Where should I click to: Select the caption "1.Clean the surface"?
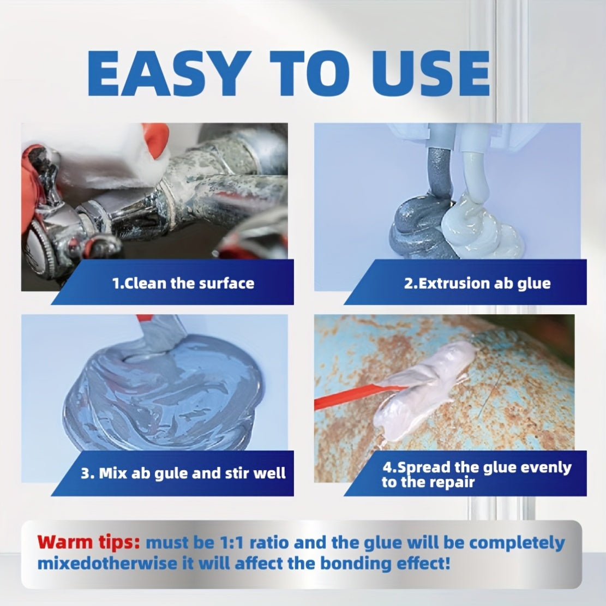coord(183,283)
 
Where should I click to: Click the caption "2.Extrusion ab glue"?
coord(477,283)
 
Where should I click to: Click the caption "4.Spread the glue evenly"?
coord(476,467)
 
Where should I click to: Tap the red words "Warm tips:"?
coord(89,543)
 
